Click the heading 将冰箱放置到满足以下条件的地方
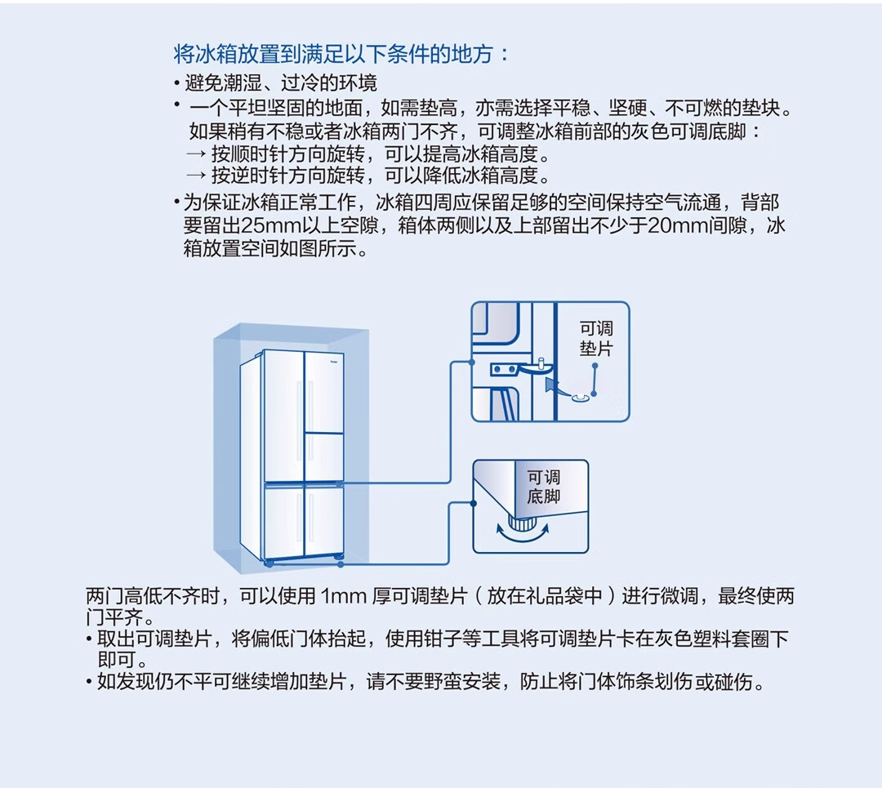[x=341, y=55]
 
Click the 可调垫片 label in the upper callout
[x=596, y=338]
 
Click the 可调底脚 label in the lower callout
[x=544, y=487]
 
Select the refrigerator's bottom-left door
[x=283, y=523]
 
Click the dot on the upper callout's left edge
[x=472, y=360]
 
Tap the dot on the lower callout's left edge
[x=473, y=504]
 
